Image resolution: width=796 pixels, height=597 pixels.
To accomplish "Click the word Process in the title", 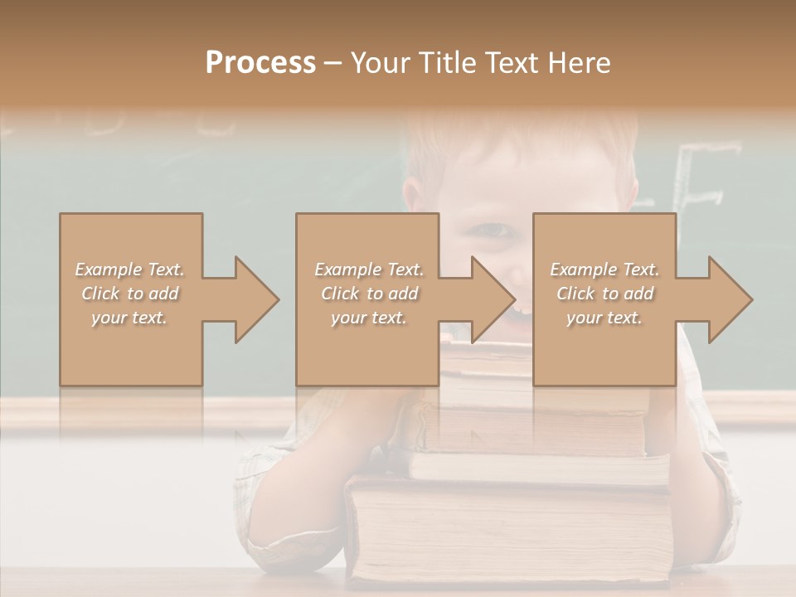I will pos(260,63).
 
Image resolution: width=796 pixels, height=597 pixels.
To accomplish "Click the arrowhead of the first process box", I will pos(256,299).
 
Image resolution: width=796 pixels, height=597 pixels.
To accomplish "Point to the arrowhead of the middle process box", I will pos(493,299).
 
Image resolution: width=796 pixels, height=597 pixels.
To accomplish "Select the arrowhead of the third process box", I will pos(730,299).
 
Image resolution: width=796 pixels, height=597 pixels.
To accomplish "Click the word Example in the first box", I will pos(109,269).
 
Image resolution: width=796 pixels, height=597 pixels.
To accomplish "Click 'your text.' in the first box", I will pos(129,318).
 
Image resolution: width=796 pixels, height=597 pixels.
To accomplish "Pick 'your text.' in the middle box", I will pos(368,318).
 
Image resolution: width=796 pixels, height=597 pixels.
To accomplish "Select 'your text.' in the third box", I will pos(604,318).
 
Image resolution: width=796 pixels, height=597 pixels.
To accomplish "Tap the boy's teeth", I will pos(522,309).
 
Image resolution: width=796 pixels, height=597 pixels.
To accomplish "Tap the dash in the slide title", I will pos(332,63).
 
